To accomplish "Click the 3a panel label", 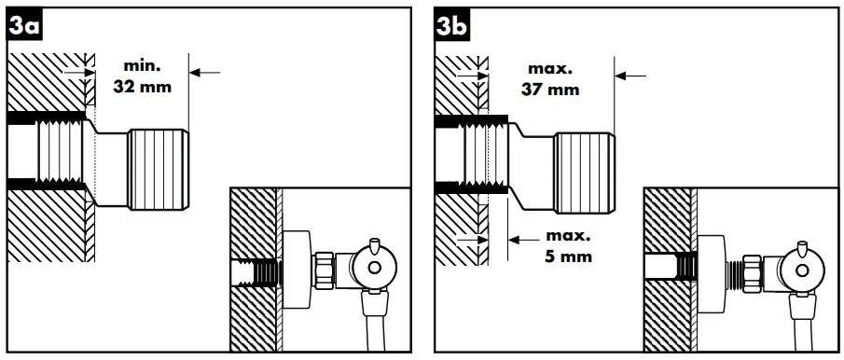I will (x=22, y=28).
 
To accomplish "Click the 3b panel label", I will (x=452, y=28).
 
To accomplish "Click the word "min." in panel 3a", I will (x=143, y=66).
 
